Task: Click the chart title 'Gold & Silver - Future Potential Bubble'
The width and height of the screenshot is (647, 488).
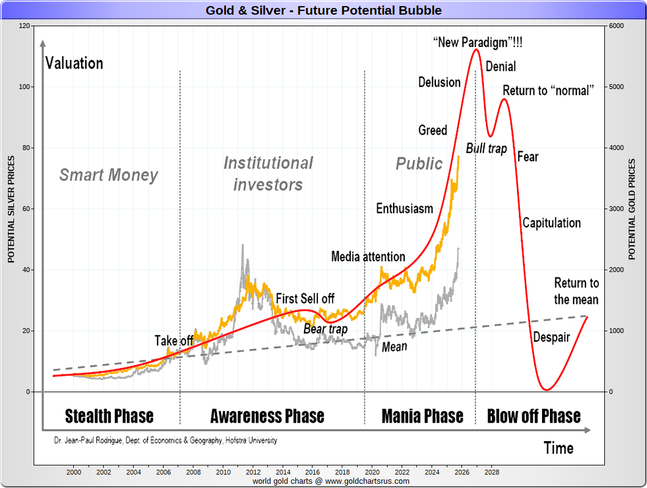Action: pos(323,10)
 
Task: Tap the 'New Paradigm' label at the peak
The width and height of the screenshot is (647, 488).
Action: pos(477,43)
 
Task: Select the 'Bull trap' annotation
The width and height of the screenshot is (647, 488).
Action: pos(486,148)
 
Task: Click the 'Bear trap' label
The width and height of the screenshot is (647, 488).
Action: pos(325,329)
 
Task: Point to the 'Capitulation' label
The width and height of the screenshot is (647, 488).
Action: pos(551,223)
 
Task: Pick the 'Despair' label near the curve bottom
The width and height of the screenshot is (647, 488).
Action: pos(551,337)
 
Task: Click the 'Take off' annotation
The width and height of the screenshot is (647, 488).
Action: pos(174,340)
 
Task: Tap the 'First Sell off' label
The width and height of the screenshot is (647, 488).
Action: pos(305,298)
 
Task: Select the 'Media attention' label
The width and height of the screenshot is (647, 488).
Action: pos(368,256)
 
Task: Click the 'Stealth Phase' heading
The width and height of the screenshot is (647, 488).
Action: pos(109,416)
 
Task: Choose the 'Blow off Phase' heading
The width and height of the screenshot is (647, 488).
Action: pos(533,416)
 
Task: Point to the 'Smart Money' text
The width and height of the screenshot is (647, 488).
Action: pos(109,176)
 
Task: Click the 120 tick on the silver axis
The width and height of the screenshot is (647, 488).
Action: pos(24,26)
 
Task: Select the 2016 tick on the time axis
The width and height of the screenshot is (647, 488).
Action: pos(313,472)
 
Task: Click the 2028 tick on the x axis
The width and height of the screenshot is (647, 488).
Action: pos(492,472)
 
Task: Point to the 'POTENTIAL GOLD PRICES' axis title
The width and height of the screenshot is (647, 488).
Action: pos(632,209)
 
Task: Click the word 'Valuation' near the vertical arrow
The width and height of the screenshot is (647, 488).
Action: pos(74,63)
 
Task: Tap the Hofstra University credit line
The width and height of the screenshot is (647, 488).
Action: pos(165,440)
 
